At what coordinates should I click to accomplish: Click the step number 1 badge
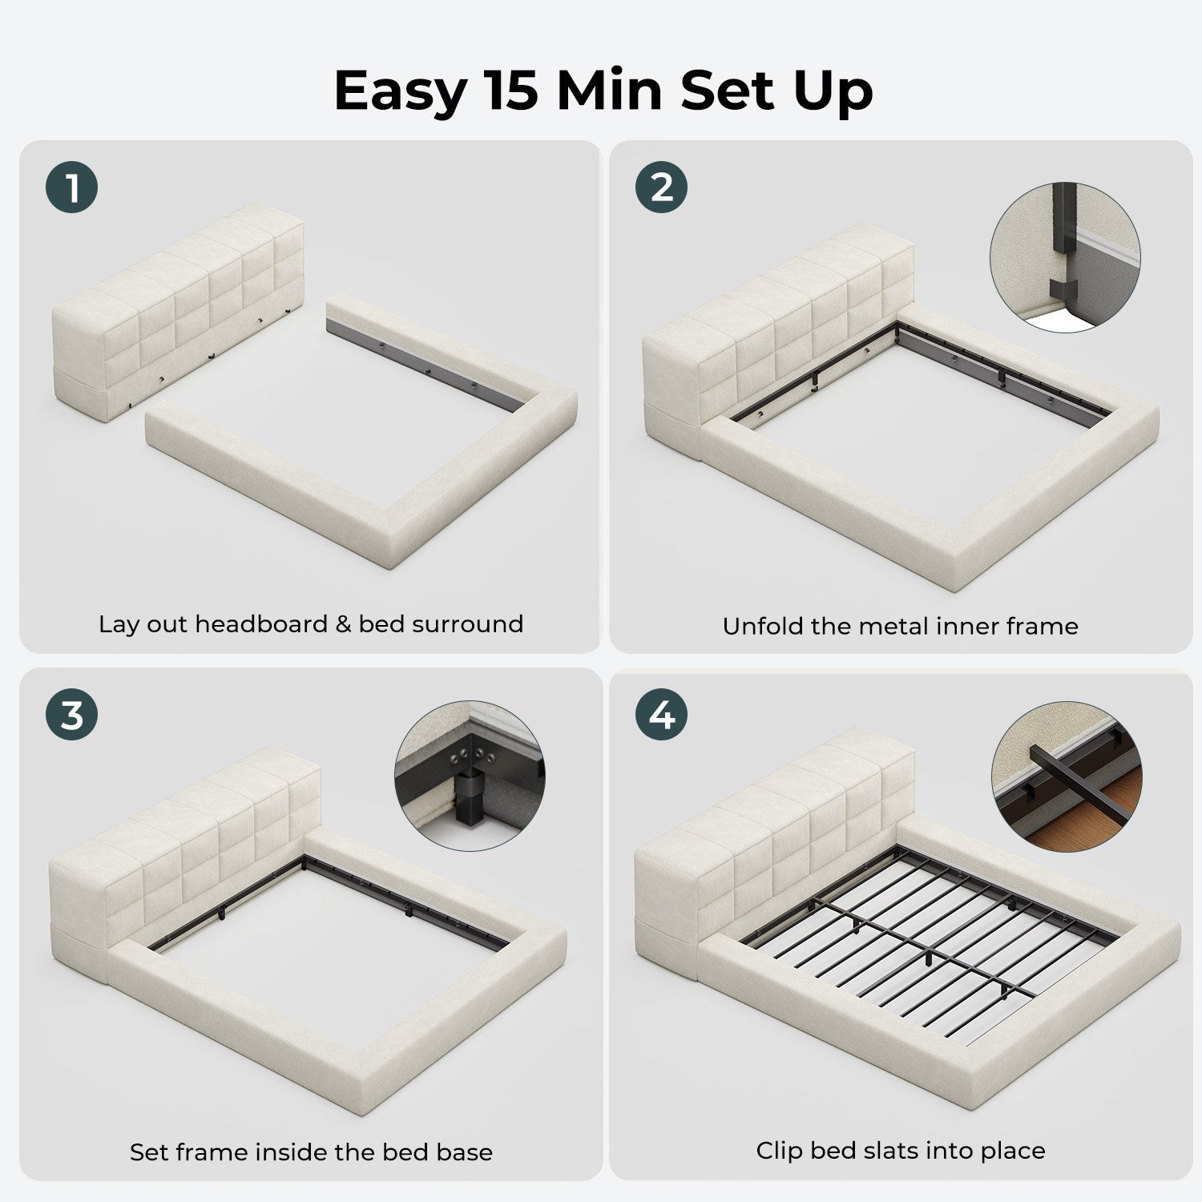[x=72, y=188]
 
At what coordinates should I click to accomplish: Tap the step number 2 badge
[x=662, y=188]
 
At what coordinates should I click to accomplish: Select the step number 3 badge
[x=72, y=714]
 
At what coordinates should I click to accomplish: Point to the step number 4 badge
[x=662, y=714]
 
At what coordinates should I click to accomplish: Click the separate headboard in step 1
[x=178, y=309]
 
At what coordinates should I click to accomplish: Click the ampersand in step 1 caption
[x=343, y=623]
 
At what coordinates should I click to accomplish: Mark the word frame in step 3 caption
[x=219, y=1152]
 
